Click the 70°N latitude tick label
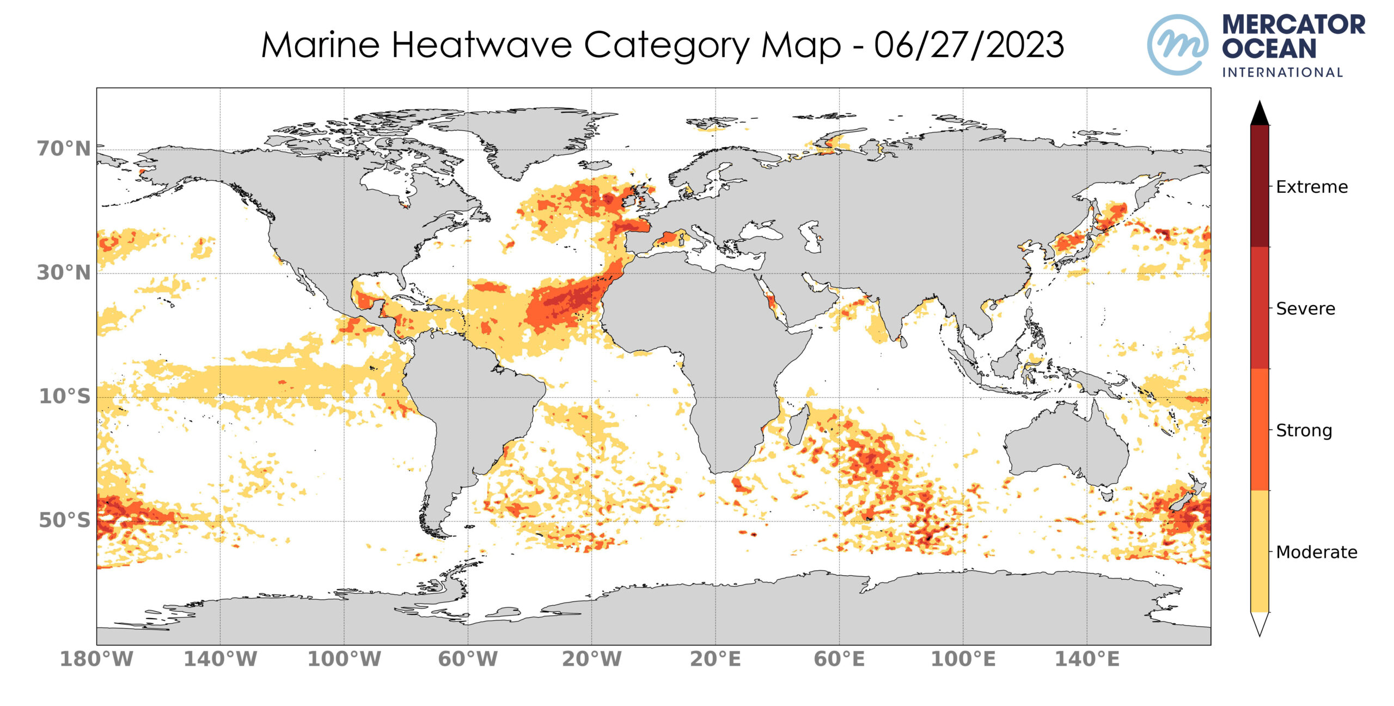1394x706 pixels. pyautogui.click(x=64, y=149)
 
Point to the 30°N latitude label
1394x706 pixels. pyautogui.click(x=64, y=273)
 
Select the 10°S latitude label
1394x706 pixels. pyautogui.click(x=64, y=397)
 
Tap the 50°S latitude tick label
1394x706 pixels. pyautogui.click(x=64, y=520)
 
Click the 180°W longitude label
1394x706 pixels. pyautogui.click(x=96, y=659)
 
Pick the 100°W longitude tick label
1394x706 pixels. pyautogui.click(x=344, y=659)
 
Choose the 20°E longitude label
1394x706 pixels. pyautogui.click(x=715, y=659)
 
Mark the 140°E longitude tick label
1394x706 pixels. pyautogui.click(x=1087, y=659)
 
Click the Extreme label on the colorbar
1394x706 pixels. pyautogui.click(x=1311, y=187)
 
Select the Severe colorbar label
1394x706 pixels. pyautogui.click(x=1305, y=309)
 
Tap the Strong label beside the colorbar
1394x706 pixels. pyautogui.click(x=1304, y=430)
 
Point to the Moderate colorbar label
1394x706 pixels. pyautogui.click(x=1316, y=552)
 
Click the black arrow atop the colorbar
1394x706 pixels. pyautogui.click(x=1260, y=113)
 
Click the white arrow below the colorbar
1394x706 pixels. pyautogui.click(x=1260, y=624)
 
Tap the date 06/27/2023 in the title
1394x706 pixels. pyautogui.click(x=969, y=45)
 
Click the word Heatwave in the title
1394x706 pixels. pyautogui.click(x=481, y=45)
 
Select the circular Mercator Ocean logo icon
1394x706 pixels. pyautogui.click(x=1177, y=45)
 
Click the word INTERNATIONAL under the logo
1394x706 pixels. pyautogui.click(x=1282, y=72)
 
